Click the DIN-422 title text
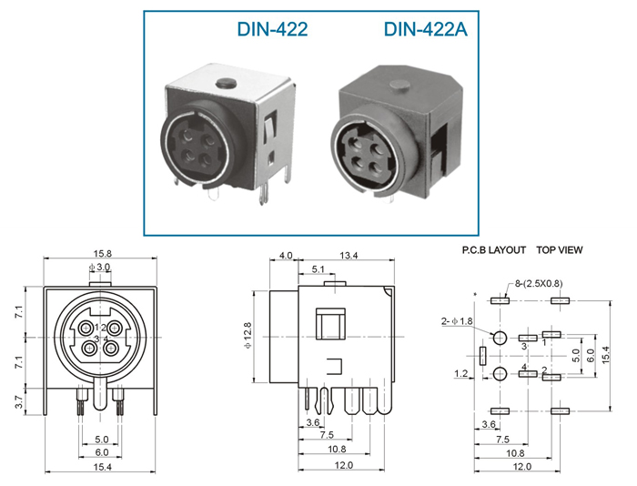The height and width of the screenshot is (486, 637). [x=272, y=29]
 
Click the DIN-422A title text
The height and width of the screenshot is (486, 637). [x=425, y=29]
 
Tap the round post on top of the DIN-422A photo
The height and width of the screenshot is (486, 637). [x=399, y=85]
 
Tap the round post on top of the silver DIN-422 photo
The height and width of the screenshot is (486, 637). [x=227, y=84]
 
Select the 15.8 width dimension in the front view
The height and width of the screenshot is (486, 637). [x=102, y=254]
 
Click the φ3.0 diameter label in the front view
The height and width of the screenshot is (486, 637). [x=99, y=267]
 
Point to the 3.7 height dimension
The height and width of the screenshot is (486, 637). [x=19, y=401]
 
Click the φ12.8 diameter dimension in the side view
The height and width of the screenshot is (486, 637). [x=248, y=335]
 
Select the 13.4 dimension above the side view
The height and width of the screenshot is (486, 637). [x=349, y=255]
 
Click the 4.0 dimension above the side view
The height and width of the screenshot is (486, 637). [x=286, y=255]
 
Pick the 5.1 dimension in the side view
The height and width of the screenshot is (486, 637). [x=318, y=269]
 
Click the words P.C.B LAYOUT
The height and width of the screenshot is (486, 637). [x=494, y=250]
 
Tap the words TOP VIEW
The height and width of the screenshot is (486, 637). [x=560, y=250]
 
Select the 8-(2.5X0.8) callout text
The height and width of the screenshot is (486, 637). [x=539, y=283]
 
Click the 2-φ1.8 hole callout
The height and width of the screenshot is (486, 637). [x=457, y=321]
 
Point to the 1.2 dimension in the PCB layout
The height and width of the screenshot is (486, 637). [x=460, y=373]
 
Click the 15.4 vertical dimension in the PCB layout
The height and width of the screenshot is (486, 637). [x=606, y=355]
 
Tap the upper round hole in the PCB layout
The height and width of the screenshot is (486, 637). [x=500, y=338]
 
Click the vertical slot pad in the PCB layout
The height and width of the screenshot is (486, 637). [x=482, y=356]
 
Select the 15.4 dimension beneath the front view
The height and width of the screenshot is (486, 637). [x=102, y=467]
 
